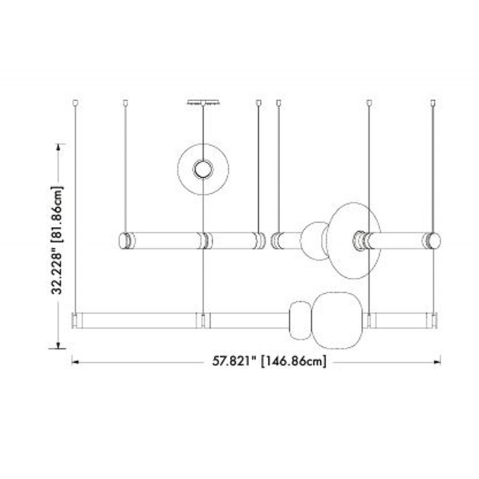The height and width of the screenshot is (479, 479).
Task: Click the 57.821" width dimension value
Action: [x=234, y=362]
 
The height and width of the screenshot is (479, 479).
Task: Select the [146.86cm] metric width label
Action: [x=293, y=362]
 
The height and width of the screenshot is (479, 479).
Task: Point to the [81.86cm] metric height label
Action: [x=57, y=214]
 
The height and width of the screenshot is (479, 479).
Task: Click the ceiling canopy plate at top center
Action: [x=203, y=102]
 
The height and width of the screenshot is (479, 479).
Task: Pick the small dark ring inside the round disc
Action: [x=203, y=169]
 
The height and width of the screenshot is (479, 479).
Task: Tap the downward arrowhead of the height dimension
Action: [x=57, y=345]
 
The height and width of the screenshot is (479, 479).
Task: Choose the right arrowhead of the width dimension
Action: [x=437, y=362]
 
